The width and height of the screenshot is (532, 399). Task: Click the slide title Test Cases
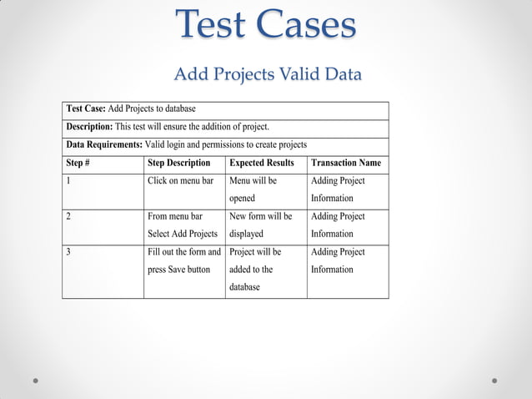tap(266, 25)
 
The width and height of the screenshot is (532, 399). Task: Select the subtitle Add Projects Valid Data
tap(267, 74)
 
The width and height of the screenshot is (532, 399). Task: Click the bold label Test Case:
tap(86, 109)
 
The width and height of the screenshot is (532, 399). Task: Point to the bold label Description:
tap(89, 127)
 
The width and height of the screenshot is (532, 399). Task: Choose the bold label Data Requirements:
tap(104, 144)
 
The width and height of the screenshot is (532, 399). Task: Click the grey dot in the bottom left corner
tap(35, 381)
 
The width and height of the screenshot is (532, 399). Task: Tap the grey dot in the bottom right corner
tap(494, 381)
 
